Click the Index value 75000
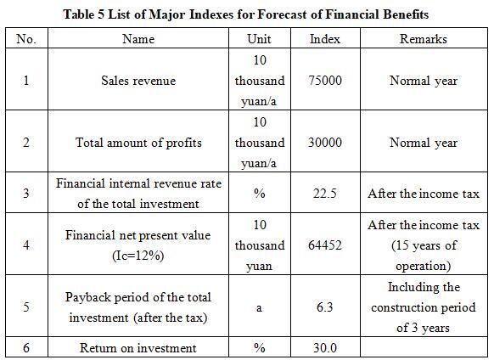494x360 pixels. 325,80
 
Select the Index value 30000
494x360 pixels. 325,142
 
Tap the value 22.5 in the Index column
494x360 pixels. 325,193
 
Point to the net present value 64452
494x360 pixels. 325,245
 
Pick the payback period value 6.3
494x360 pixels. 325,307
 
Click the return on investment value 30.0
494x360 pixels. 325,348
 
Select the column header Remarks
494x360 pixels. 423,39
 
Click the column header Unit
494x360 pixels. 259,39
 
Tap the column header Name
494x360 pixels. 138,39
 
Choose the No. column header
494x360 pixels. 26,39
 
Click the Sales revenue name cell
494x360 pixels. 138,81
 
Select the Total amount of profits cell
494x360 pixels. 138,143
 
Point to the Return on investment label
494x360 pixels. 138,348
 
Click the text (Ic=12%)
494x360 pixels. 138,256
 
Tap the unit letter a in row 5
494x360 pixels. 259,308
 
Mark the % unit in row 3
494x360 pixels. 259,194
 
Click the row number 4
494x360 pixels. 26,245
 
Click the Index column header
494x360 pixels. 325,39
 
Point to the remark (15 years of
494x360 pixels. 424,245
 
